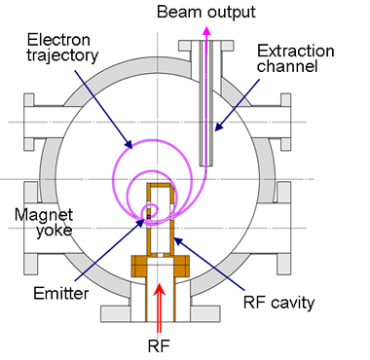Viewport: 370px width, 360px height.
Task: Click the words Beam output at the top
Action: [207, 13]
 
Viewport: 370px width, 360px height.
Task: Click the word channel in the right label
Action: [287, 67]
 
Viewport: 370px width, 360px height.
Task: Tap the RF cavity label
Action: [278, 303]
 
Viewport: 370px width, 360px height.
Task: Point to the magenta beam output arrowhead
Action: [205, 30]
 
